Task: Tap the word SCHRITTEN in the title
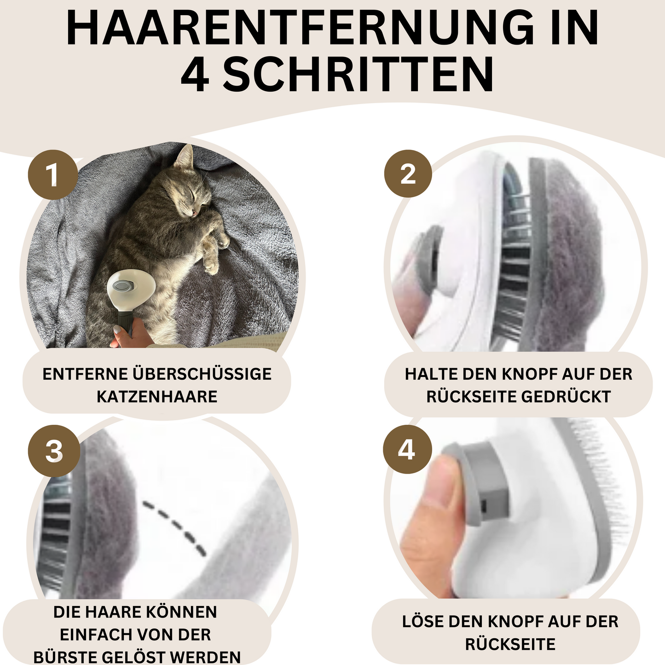coord(359,75)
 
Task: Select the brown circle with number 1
coord(53,174)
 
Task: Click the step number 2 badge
coord(408,173)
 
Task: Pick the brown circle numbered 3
coord(54,451)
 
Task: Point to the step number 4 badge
coord(408,449)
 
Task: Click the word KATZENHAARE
coord(157,397)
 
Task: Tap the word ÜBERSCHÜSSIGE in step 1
coord(202,374)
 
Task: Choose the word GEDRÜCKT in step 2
coord(566,397)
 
